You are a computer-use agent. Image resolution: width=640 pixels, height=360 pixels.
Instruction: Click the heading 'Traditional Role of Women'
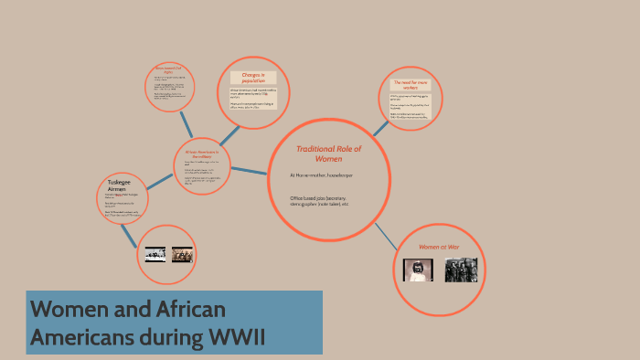[328, 154]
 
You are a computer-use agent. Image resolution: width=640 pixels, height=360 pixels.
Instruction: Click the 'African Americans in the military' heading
[203, 154]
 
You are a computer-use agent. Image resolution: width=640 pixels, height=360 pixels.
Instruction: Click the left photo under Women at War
[419, 270]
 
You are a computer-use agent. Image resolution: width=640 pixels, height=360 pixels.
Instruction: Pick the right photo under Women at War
[461, 270]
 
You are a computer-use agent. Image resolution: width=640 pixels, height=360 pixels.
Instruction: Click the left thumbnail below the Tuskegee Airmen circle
[155, 255]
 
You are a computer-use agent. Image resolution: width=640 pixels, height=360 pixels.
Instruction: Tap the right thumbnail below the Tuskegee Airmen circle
[183, 255]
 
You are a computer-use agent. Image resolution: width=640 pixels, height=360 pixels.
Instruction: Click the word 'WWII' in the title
[235, 336]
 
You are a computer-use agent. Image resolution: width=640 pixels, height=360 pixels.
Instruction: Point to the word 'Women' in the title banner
[67, 309]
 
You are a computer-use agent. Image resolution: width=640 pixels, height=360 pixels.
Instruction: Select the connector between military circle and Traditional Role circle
[249, 170]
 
